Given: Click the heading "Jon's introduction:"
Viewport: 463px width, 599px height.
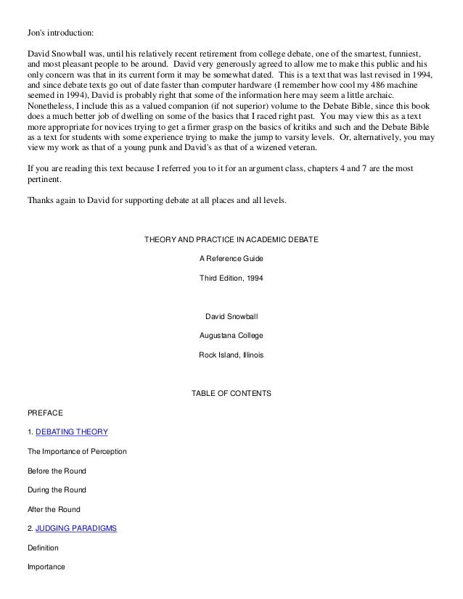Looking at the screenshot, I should point(60,33).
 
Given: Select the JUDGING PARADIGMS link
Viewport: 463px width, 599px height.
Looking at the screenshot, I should point(75,528).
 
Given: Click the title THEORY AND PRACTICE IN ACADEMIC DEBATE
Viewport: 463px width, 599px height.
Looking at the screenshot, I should point(231,239).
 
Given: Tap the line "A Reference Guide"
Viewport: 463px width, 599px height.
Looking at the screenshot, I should point(231,258).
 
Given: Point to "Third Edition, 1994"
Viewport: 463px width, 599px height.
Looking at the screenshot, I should point(231,278).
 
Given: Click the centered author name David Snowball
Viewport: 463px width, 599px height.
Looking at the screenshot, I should point(231,316).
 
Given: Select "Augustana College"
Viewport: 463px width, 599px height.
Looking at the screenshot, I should point(231,336).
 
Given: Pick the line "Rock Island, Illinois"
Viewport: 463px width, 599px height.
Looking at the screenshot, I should point(231,355).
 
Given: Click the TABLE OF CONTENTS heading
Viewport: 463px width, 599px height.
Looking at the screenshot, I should point(231,394).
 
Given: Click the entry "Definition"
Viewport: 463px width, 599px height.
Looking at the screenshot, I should point(43,548).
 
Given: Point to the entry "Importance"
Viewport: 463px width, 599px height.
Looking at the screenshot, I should point(46,567).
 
